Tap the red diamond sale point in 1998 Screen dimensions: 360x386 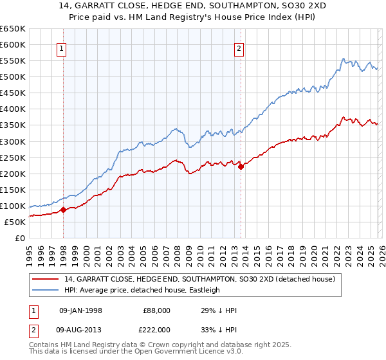pyautogui.click(x=63, y=210)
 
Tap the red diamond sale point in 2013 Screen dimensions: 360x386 pyautogui.click(x=241, y=166)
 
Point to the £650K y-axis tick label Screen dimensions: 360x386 pyautogui.click(x=13, y=29)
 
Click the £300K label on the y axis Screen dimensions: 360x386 pyautogui.click(x=13, y=141)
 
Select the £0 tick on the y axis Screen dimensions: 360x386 pyautogui.click(x=20, y=238)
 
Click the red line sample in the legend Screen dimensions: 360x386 pyautogui.click(x=46, y=280)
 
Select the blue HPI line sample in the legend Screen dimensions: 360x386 pyautogui.click(x=46, y=291)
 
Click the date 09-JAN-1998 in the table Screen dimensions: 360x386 pyautogui.click(x=80, y=310)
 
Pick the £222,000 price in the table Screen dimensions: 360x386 pyautogui.click(x=156, y=328)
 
